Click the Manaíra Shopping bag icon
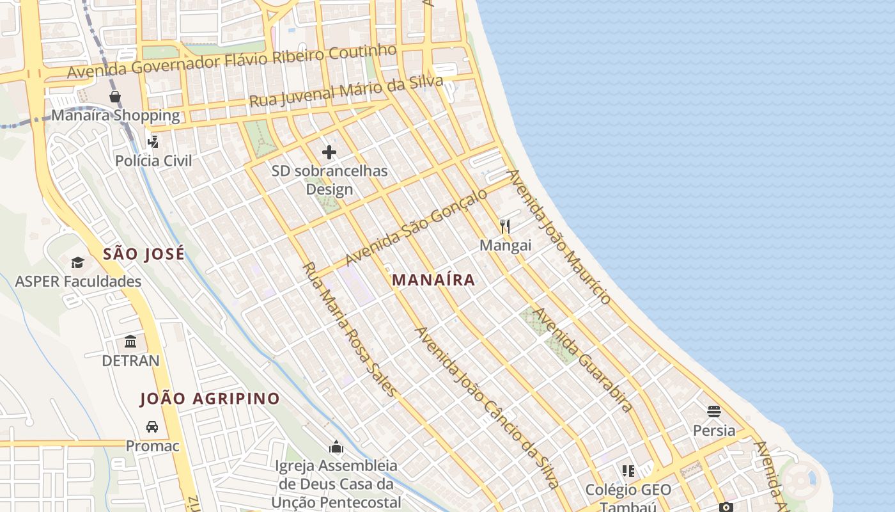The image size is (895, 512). tap(115, 97)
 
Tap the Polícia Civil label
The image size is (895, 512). tap(153, 160)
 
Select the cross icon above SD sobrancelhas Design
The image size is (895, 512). tap(329, 152)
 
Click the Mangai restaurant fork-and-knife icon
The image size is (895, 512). tap(505, 226)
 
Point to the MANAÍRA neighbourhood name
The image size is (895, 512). tap(433, 280)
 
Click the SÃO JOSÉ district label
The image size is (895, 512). tap(144, 253)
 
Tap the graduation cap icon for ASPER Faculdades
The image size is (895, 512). tap(77, 262)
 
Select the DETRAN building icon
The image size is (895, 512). tap(131, 341)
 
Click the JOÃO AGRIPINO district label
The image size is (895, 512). tap(210, 399)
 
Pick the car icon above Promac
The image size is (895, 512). tap(152, 427)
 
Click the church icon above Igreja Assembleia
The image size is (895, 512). tap(336, 447)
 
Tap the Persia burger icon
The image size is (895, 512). tap(714, 412)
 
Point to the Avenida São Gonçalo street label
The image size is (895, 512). tap(416, 227)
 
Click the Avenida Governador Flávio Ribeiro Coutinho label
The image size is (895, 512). tap(231, 61)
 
